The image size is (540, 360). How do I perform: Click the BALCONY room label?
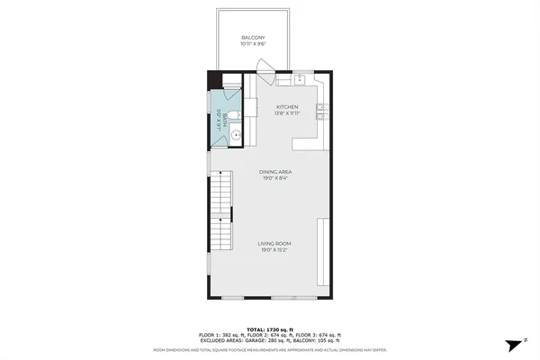(x=253, y=37)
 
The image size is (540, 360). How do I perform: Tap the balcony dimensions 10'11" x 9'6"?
(x=253, y=43)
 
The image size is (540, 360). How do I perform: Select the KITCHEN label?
(x=287, y=107)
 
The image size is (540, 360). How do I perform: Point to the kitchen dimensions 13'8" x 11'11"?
(x=287, y=114)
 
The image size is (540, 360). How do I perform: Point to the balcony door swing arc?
(x=264, y=67)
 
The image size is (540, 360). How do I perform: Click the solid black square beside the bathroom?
(x=213, y=80)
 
